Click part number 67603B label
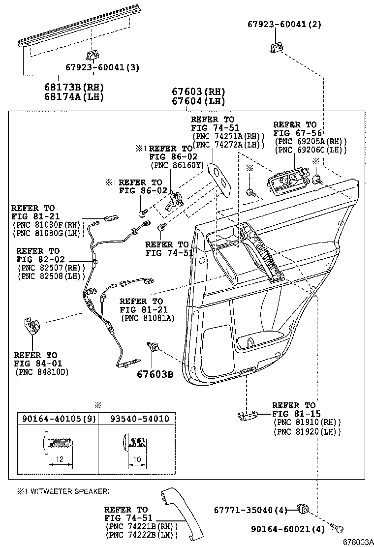coord(155,374)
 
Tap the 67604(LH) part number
coord(198,101)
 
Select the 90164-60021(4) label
coord(284,529)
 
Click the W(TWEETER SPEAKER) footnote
coord(64,491)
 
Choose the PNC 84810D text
coord(42,371)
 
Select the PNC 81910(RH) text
coord(307,422)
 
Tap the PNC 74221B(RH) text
coord(142,526)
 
